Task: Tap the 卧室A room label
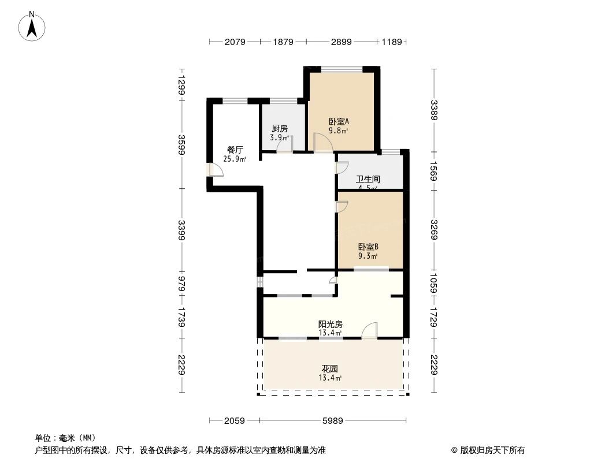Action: [339, 121]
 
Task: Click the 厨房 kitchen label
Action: [279, 129]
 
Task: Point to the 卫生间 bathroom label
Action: [368, 180]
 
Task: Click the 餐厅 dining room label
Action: [235, 150]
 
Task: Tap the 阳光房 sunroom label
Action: [330, 325]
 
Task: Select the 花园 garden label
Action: [330, 369]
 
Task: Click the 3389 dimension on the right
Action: [434, 109]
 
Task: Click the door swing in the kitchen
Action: [285, 144]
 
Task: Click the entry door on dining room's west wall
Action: [216, 169]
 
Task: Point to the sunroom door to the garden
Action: [369, 330]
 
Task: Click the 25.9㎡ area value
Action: [235, 159]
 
